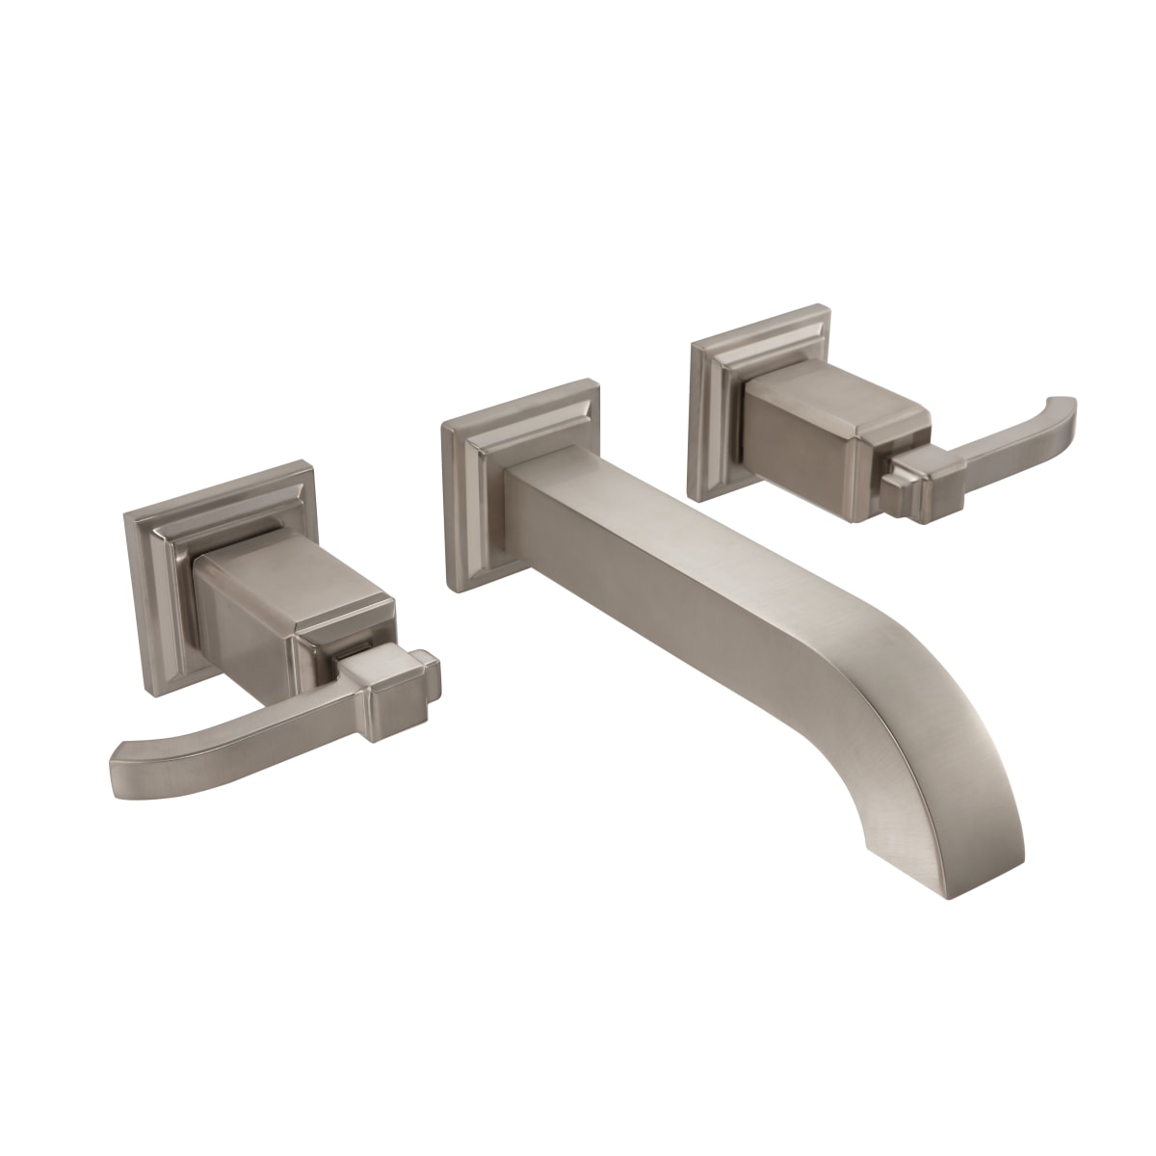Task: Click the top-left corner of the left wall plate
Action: point(128,515)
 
